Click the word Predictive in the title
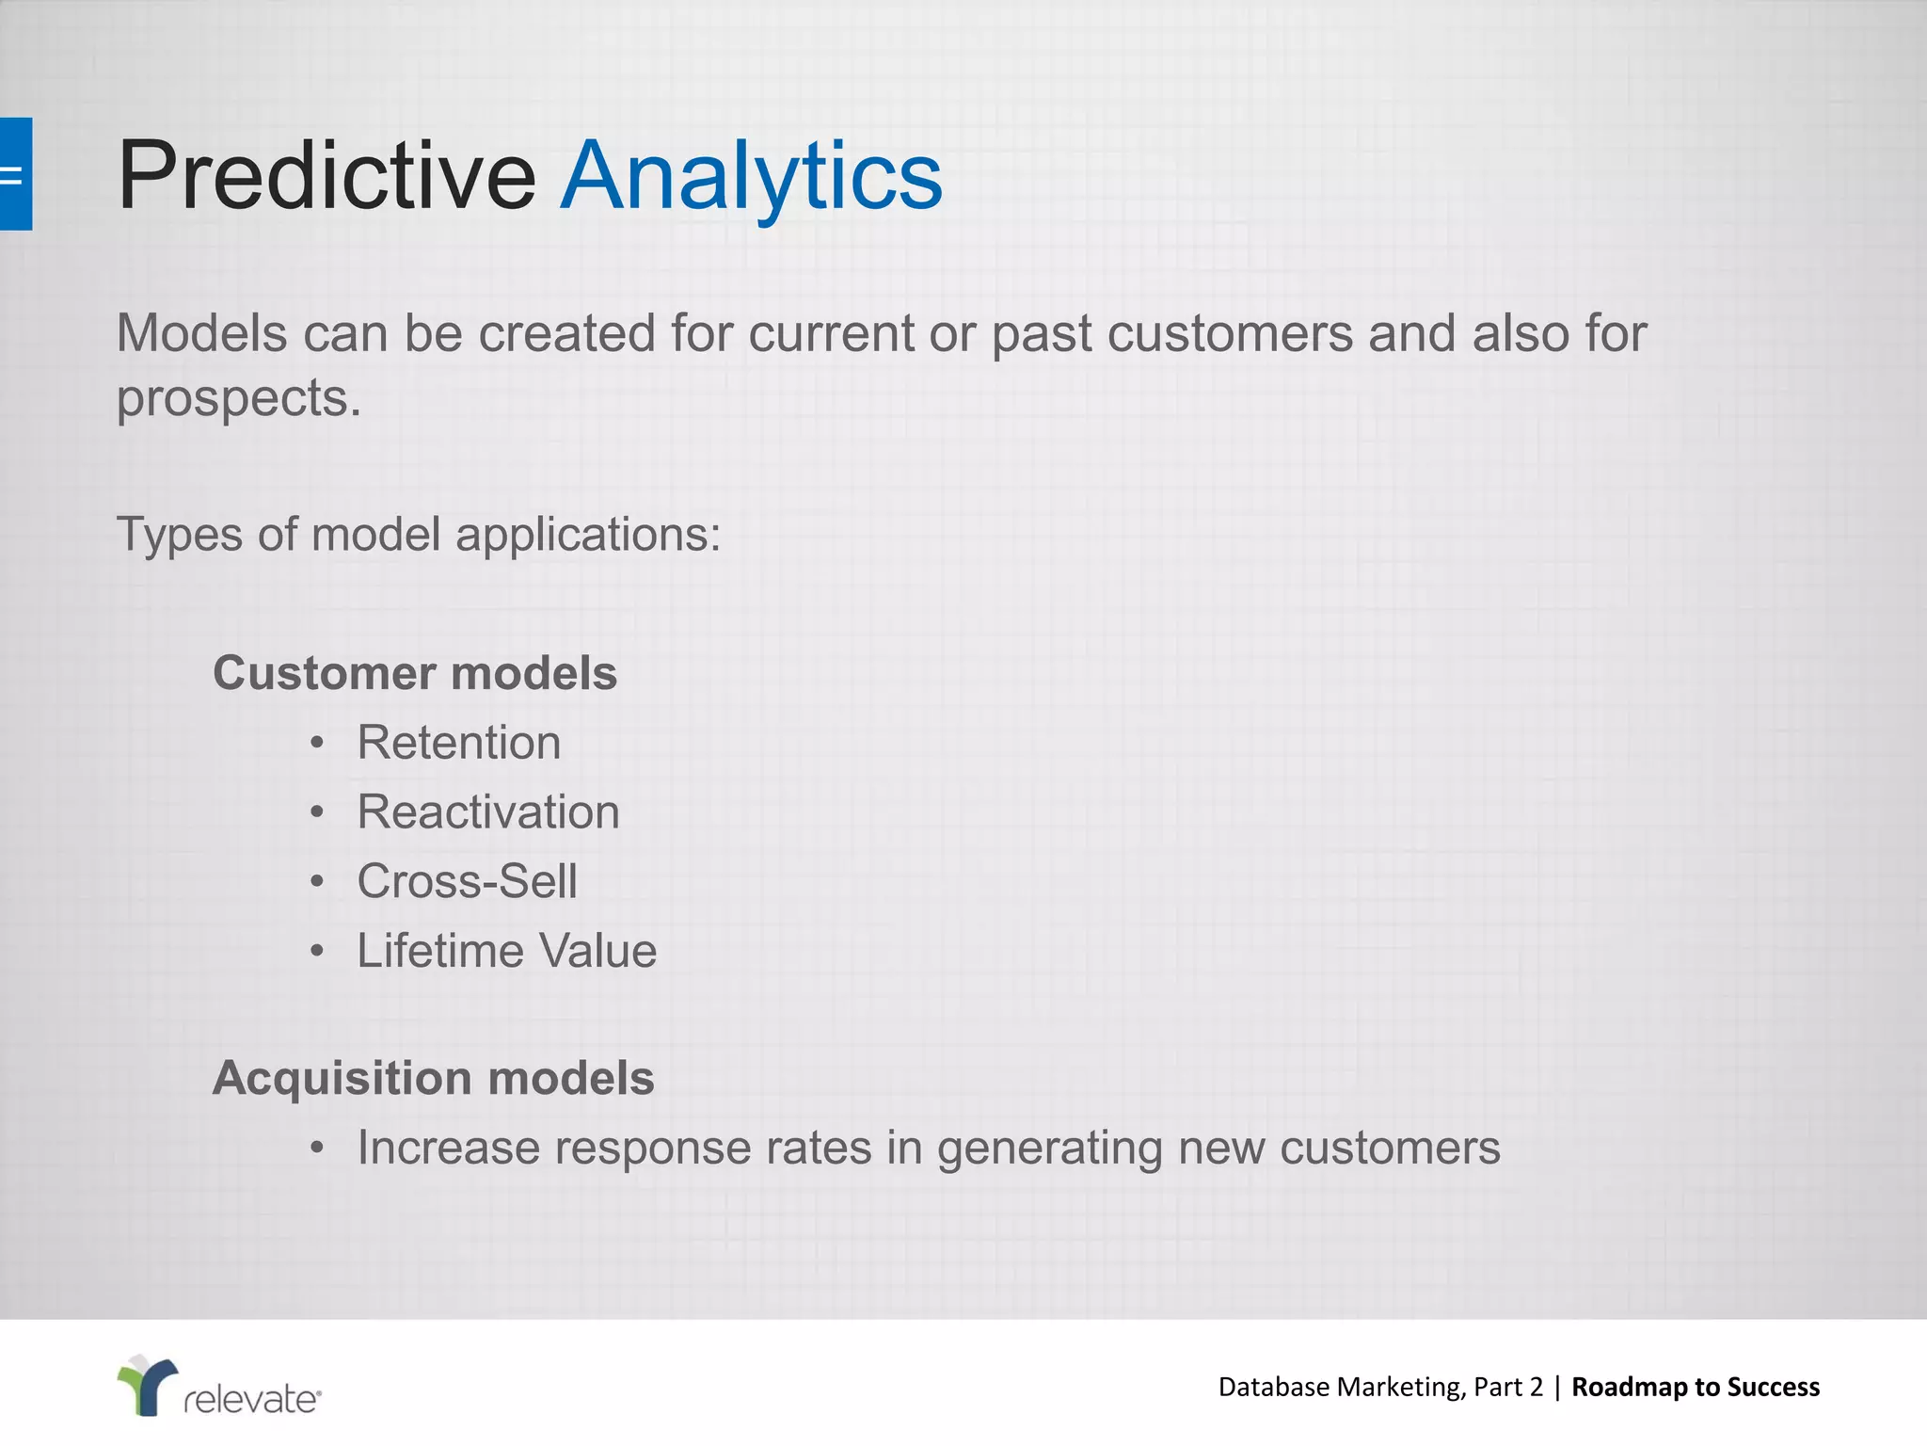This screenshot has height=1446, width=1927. click(x=326, y=176)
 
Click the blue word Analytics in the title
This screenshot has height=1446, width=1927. click(x=751, y=176)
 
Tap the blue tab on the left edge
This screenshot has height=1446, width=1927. click(x=15, y=174)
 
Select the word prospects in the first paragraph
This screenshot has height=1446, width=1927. click(x=237, y=399)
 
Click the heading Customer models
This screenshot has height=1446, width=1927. click(x=415, y=673)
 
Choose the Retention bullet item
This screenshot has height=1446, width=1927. click(x=458, y=743)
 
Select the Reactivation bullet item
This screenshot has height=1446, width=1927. click(x=488, y=812)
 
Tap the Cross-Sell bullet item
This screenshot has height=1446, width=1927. click(x=467, y=882)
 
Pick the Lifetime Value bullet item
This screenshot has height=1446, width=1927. click(x=506, y=951)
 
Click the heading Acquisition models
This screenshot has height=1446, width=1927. click(x=433, y=1078)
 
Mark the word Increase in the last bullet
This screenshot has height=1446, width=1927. click(x=448, y=1149)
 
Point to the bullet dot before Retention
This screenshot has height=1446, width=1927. click(x=317, y=744)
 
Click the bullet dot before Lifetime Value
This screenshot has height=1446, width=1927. click(x=317, y=952)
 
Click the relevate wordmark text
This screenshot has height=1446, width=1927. click(x=252, y=1399)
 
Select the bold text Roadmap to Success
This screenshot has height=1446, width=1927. click(x=1696, y=1387)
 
